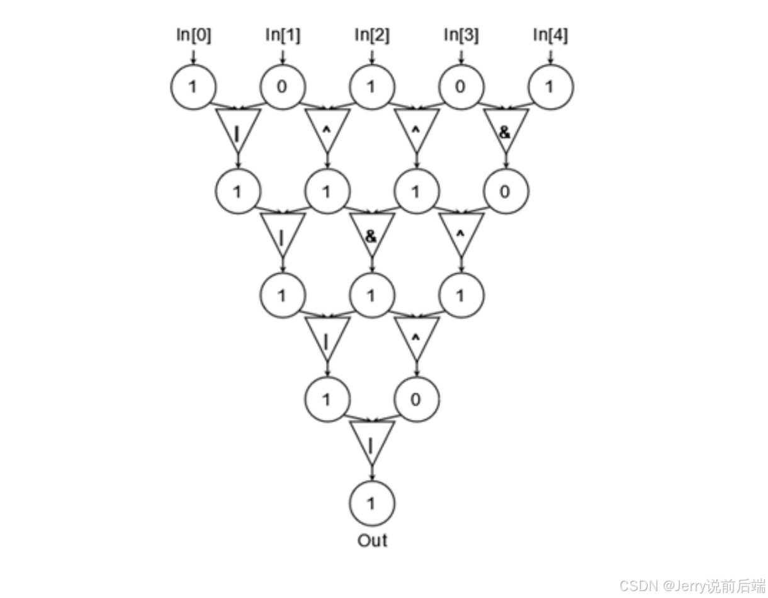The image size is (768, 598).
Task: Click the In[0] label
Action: (193, 35)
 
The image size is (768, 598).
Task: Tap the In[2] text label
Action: (371, 35)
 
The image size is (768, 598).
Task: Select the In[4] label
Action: (550, 35)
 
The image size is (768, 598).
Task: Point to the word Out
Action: (372, 540)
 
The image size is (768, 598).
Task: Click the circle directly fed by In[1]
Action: (282, 87)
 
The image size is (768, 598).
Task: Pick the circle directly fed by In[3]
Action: (461, 87)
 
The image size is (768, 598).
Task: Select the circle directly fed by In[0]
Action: (193, 87)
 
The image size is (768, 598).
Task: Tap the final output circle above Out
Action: (372, 503)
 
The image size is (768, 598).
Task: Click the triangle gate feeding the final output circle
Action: (372, 441)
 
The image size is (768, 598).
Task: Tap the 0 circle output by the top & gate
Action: (505, 191)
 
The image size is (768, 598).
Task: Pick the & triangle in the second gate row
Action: (371, 234)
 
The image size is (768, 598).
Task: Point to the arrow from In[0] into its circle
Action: (193, 56)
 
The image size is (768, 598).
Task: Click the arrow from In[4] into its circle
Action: (550, 56)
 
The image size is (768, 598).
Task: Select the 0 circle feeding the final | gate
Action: (416, 398)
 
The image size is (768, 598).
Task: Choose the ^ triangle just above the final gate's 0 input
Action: (416, 337)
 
